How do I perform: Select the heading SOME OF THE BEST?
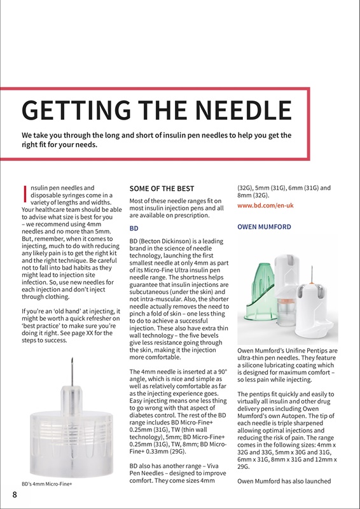pos(162,189)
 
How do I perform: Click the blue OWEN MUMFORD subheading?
pos(264,227)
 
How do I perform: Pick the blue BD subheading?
pos(134,227)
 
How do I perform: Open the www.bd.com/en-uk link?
pos(265,206)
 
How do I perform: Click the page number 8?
pos(13,495)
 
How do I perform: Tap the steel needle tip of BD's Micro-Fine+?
pos(74,370)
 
